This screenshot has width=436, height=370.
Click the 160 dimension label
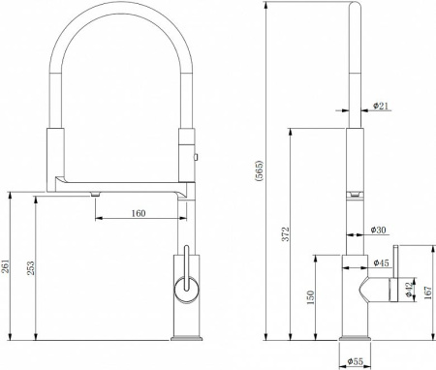coord(139,213)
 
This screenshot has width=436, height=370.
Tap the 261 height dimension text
coord(6,266)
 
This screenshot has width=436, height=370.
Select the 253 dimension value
coord(30,268)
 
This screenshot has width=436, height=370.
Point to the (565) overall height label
coord(260,171)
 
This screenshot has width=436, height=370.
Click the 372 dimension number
coord(285,234)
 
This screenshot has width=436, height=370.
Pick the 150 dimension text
coord(310,297)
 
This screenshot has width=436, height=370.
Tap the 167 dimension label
coord(428,293)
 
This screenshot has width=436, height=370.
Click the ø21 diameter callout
coord(381,106)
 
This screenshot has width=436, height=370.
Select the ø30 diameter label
coord(378,230)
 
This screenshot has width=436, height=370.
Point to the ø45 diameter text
coord(381,262)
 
